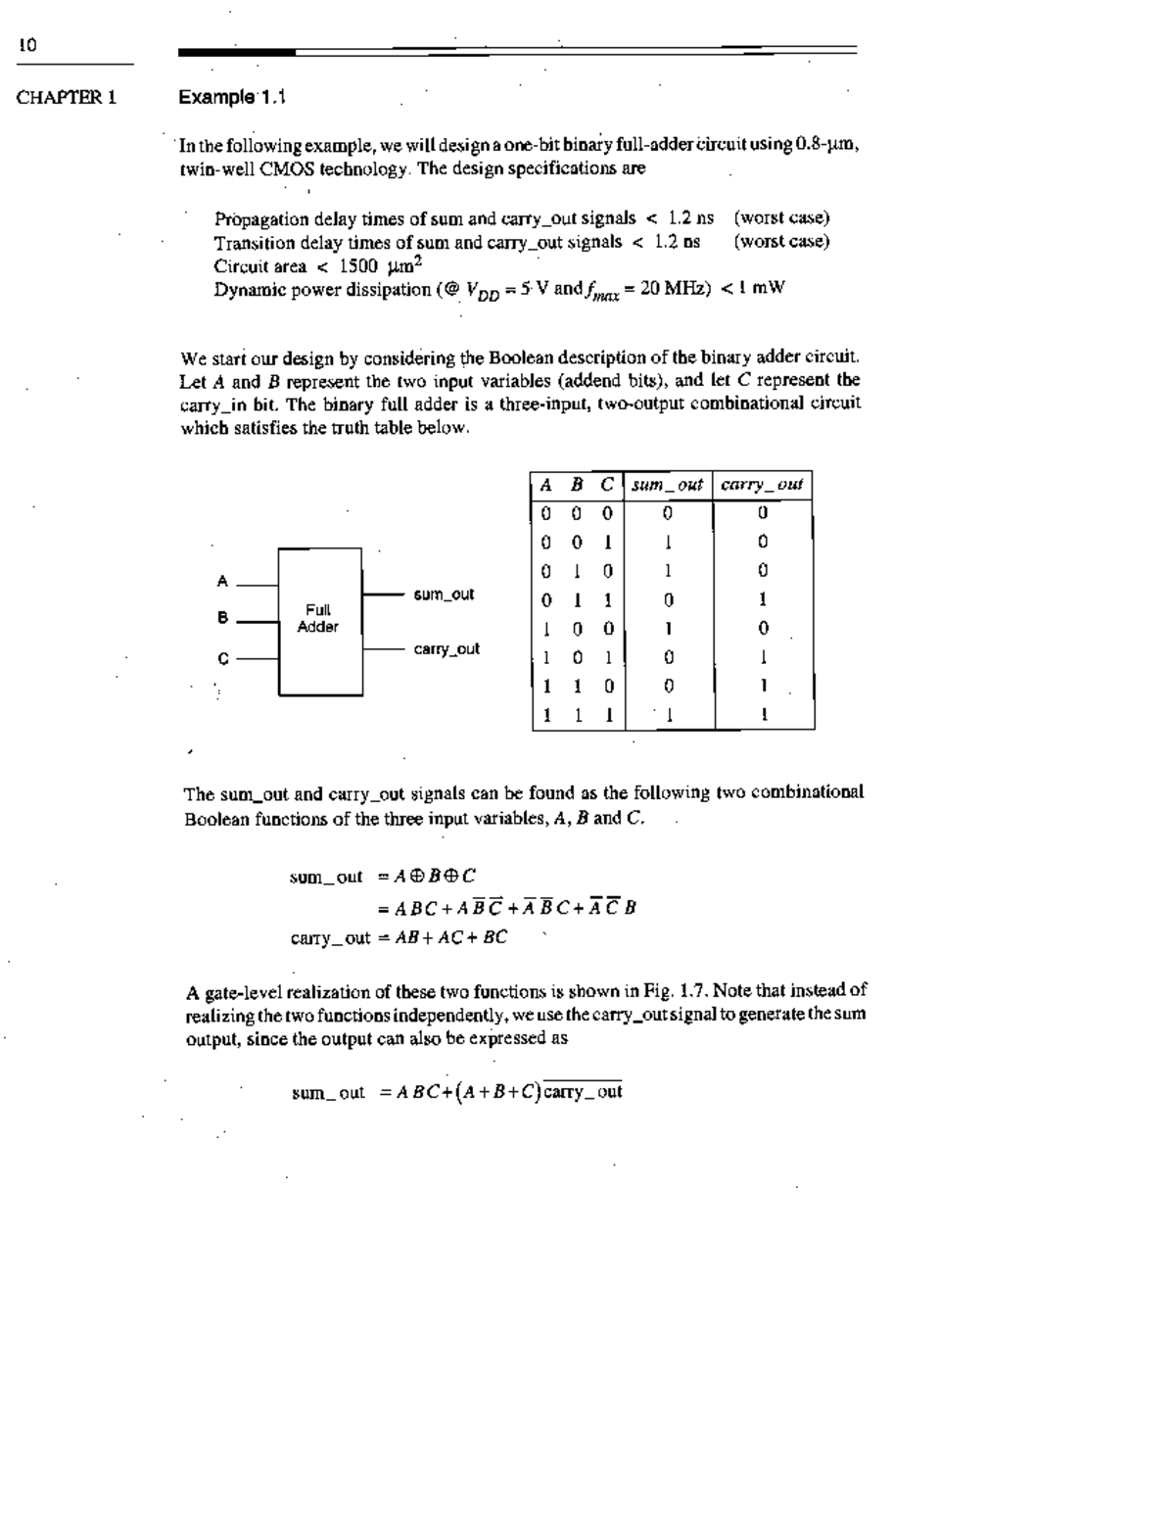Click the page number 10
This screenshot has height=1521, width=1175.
coord(26,45)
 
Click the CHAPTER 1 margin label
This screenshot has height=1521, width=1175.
coord(67,97)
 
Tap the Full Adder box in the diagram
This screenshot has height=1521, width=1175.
coord(319,620)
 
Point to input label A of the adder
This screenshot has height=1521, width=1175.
coord(222,582)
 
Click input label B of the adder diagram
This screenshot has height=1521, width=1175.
coord(222,618)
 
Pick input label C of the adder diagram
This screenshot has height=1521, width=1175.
coord(222,658)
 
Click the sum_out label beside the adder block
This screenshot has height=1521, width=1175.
coord(444,594)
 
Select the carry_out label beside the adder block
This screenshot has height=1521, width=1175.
coord(446,649)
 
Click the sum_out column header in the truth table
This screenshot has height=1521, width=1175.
coord(667,485)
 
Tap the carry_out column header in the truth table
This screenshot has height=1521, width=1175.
coord(762,485)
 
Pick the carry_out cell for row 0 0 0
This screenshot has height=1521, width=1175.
coord(763,512)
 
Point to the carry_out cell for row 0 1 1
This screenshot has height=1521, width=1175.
coord(763,599)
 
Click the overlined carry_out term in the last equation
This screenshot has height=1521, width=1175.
coord(584,1092)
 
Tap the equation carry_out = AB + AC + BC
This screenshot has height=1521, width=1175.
coord(399,937)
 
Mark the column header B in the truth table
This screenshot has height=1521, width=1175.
coord(577,485)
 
